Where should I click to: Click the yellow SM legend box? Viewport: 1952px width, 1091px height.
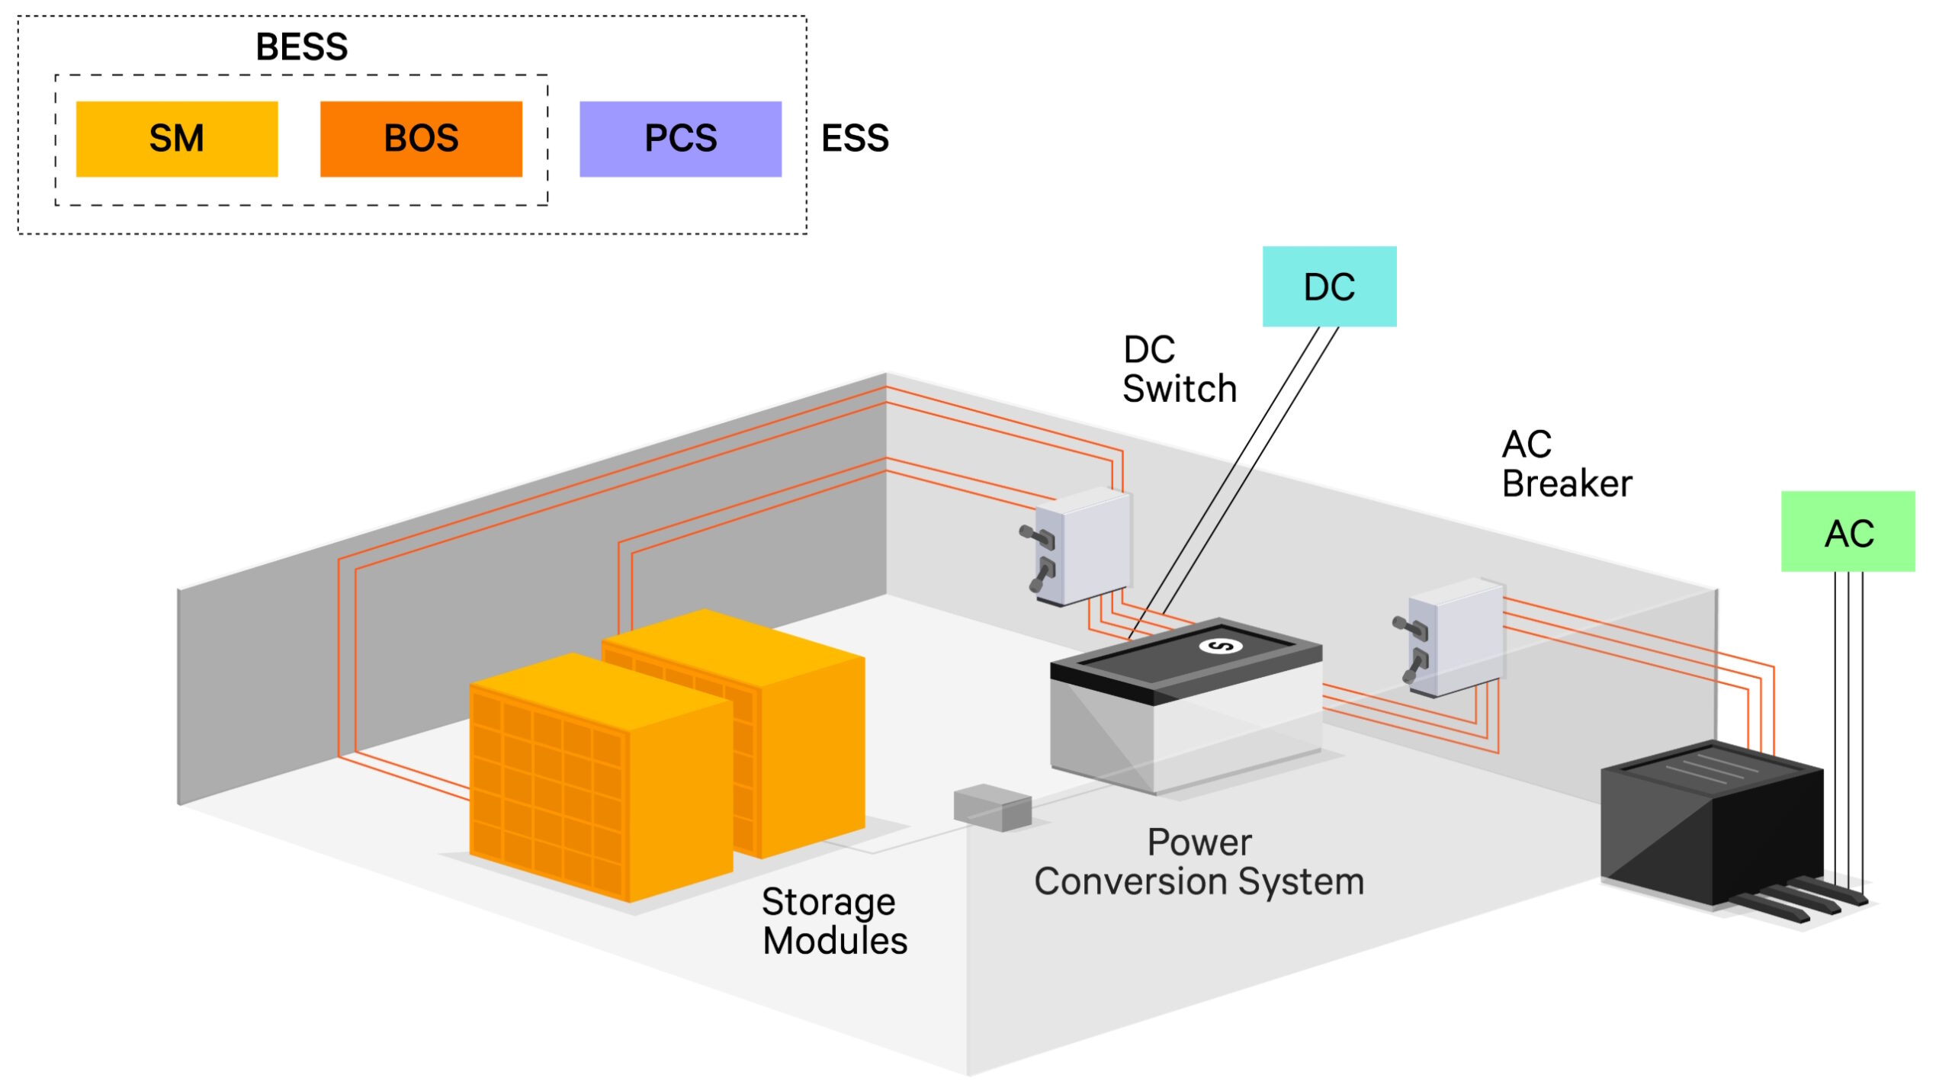point(177,139)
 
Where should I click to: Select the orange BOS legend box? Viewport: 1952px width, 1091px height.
point(421,139)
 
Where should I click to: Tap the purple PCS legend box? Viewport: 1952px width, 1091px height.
point(680,139)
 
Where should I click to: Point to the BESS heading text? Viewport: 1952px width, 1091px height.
point(302,47)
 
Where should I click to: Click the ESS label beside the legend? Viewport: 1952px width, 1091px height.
point(855,139)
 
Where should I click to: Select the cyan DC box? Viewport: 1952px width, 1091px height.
point(1329,287)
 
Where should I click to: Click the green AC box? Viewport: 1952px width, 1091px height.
point(1848,531)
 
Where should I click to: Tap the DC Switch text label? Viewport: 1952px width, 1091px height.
point(1178,370)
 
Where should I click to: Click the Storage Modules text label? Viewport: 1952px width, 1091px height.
point(833,921)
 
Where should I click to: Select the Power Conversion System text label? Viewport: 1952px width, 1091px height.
point(1199,862)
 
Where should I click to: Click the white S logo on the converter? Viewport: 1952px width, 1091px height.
point(1220,647)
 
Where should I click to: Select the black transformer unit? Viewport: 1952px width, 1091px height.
point(1711,823)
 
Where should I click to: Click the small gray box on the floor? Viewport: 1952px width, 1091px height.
point(992,807)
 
